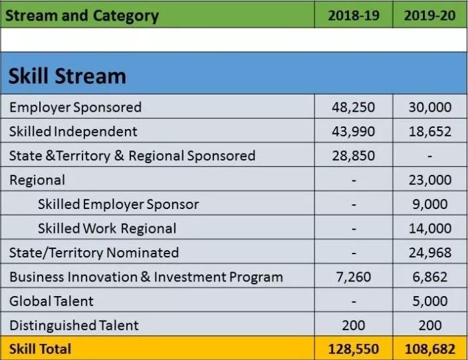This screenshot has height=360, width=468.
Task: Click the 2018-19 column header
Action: click(354, 15)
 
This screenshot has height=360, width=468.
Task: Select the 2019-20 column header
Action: click(430, 15)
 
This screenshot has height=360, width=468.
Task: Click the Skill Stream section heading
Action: click(67, 76)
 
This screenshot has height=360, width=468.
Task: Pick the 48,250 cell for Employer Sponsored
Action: click(354, 107)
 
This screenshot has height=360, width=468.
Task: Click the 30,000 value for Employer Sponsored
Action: click(430, 107)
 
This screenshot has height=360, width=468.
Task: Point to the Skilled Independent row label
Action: click(73, 132)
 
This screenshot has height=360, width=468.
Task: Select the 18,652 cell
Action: click(430, 132)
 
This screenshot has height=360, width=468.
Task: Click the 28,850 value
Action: click(354, 156)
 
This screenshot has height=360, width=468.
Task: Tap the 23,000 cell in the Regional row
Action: click(430, 180)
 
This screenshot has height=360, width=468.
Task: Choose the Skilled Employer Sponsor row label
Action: click(118, 205)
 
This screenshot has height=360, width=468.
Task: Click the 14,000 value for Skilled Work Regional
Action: click(430, 228)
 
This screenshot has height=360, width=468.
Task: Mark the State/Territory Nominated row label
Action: click(94, 253)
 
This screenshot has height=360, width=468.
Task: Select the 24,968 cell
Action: click(430, 253)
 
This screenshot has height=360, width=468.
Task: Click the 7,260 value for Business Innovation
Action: click(354, 277)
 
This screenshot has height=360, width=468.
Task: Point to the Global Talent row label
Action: click(51, 301)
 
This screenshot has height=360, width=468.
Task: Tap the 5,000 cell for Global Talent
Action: click(430, 301)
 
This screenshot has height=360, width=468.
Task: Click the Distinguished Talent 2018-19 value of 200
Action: click(354, 325)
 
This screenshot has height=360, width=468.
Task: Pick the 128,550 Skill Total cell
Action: click(354, 349)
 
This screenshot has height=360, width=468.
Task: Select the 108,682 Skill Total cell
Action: click(430, 349)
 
